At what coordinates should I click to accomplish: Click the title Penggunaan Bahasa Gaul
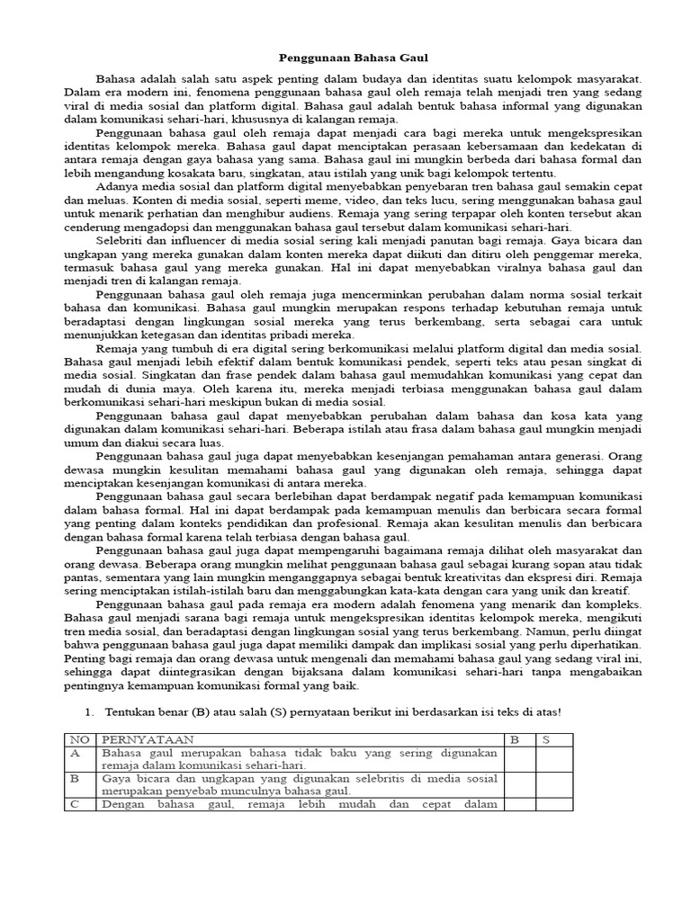pyautogui.click(x=345, y=56)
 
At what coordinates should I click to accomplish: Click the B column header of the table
pyautogui.click(x=516, y=739)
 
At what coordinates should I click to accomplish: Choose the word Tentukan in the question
pyautogui.click(x=129, y=711)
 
